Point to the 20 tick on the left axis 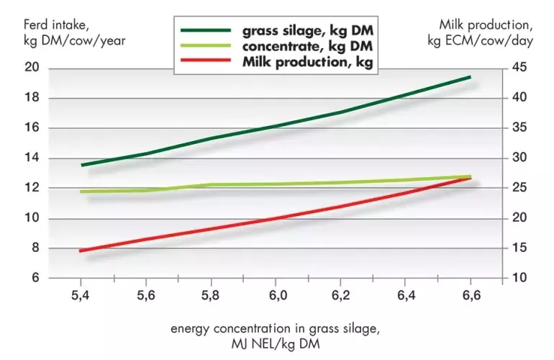[32, 68]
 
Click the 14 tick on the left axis [32, 158]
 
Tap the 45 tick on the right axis [520, 68]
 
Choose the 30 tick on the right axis [520, 158]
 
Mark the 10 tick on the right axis [520, 278]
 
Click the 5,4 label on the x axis [81, 295]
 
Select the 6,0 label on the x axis [277, 295]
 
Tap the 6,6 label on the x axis [471, 295]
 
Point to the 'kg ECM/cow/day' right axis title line [480, 40]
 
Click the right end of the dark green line [471, 76]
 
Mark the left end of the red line [81, 251]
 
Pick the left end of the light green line [81, 192]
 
